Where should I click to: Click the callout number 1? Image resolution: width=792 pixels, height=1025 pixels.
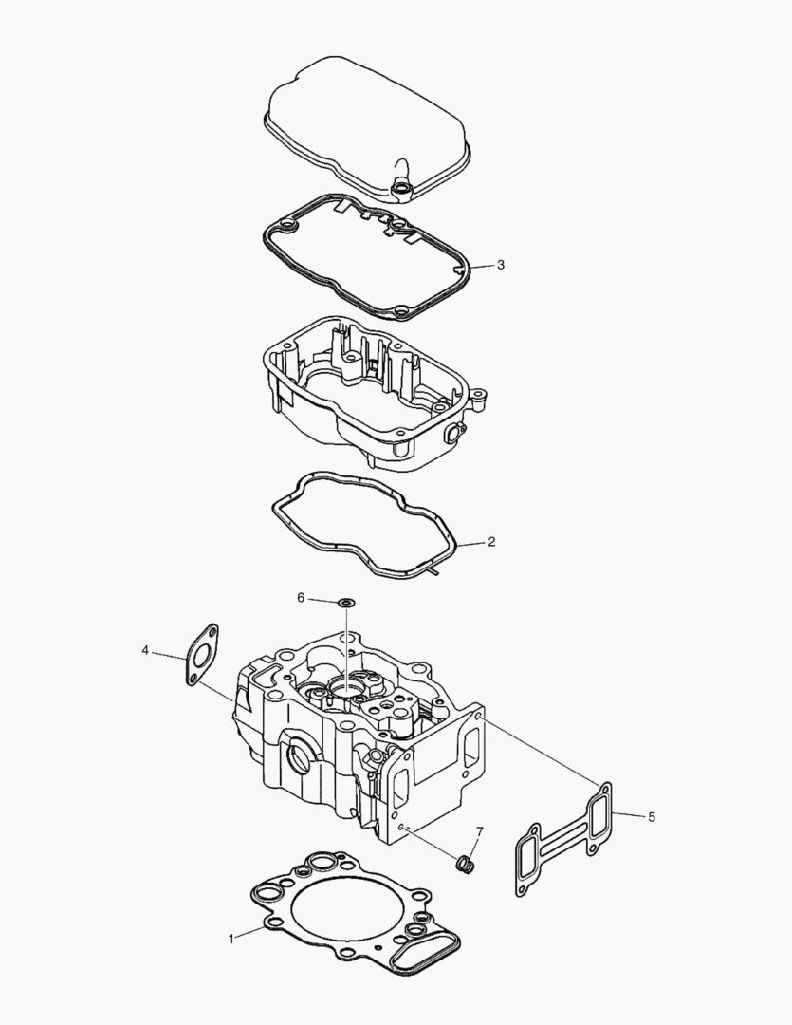[x=230, y=939]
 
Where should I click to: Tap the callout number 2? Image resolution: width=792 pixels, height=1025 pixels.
[x=490, y=542]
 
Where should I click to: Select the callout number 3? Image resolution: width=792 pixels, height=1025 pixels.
[x=500, y=265]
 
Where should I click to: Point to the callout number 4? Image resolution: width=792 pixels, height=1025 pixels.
[x=145, y=650]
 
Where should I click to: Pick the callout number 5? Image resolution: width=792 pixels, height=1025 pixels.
[x=651, y=816]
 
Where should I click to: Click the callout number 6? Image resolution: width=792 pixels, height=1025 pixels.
[x=302, y=598]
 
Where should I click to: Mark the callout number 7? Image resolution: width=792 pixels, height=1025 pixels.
[x=479, y=832]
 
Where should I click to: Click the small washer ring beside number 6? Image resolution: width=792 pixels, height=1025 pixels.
[x=346, y=602]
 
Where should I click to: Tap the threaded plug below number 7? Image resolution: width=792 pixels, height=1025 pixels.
[x=466, y=864]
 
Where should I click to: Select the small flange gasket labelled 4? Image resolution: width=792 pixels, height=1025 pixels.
[x=200, y=653]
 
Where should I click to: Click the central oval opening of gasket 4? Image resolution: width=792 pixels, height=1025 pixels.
[x=201, y=653]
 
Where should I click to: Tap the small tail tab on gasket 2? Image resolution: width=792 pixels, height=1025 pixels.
[x=433, y=570]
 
